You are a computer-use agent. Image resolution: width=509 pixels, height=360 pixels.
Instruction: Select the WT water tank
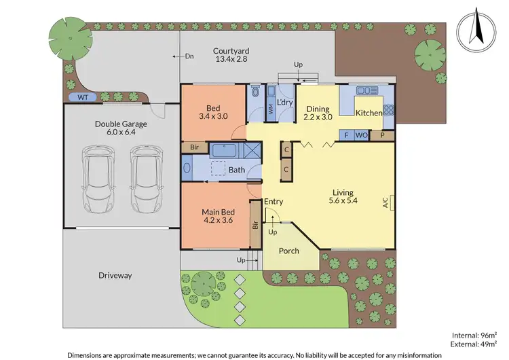(83, 97)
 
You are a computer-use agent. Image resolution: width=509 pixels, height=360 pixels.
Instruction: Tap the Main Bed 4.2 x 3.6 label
(217, 216)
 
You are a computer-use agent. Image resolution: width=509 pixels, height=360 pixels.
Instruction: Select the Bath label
(236, 170)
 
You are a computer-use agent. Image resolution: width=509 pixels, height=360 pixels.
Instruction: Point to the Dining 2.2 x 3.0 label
(318, 113)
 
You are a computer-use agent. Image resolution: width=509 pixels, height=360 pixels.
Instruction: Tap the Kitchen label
(369, 113)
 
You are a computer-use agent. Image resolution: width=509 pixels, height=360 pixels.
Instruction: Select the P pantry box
(382, 134)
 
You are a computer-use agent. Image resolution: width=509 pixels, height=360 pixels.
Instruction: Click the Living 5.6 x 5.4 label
(343, 197)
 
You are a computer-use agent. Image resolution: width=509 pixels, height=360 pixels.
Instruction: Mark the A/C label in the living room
(384, 202)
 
